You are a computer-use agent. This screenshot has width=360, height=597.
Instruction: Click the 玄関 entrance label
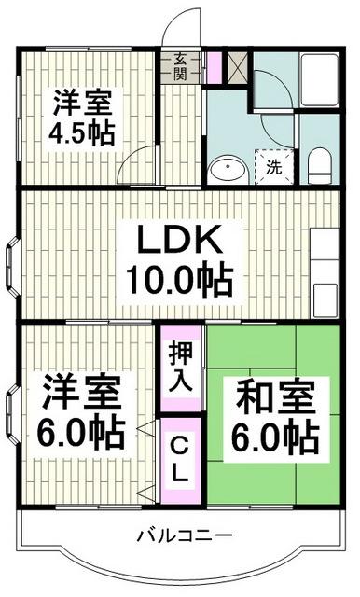pyautogui.click(x=181, y=67)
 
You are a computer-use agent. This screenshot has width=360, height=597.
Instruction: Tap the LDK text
pyautogui.click(x=179, y=243)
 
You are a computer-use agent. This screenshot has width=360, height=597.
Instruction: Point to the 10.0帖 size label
pyautogui.click(x=179, y=278)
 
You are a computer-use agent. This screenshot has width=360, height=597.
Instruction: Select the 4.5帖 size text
pyautogui.click(x=84, y=132)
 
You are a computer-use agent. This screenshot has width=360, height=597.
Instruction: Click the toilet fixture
pyautogui.click(x=319, y=164)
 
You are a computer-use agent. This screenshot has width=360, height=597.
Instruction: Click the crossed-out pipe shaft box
pyautogui.click(x=237, y=68)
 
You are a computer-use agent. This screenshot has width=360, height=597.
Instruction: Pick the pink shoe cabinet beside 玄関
pyautogui.click(x=214, y=67)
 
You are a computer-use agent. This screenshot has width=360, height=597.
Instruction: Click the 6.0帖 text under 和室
pyautogui.click(x=273, y=436)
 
